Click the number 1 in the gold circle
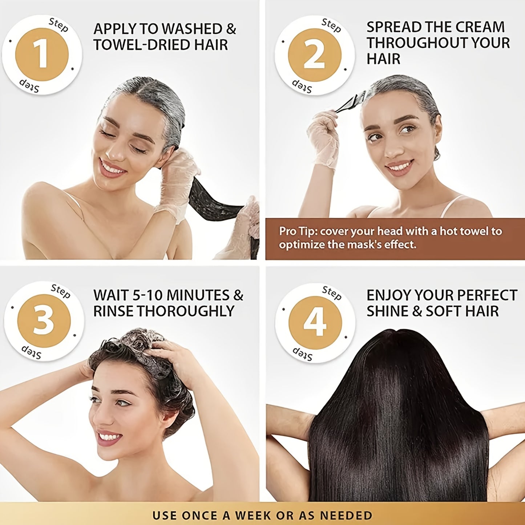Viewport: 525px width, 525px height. pos(41,55)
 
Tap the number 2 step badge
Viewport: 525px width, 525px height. pos(314,55)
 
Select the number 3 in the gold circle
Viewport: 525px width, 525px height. pos(44,321)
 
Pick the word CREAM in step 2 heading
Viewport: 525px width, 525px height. pos(480,27)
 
